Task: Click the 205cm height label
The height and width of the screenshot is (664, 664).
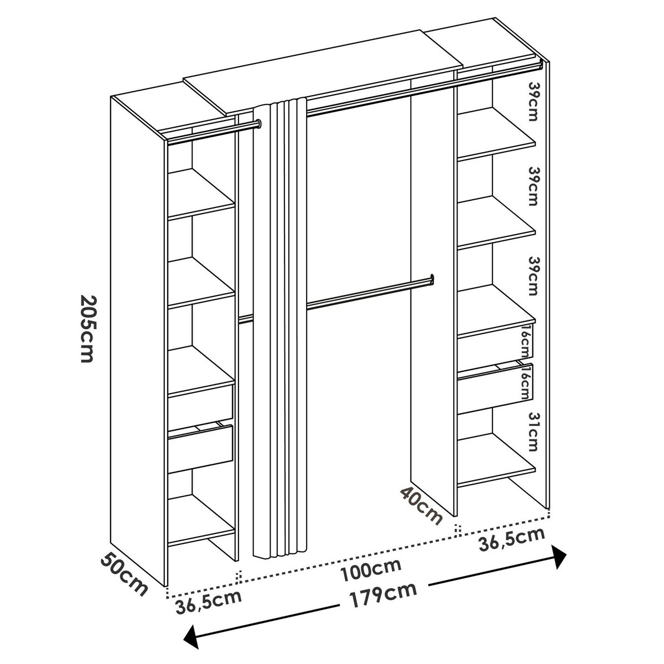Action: point(87,328)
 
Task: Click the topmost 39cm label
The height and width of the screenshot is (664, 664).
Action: point(533,101)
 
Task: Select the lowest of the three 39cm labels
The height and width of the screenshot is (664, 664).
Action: point(533,276)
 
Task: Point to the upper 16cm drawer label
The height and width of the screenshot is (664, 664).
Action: point(526,342)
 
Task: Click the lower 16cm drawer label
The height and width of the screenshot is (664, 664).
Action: point(526,381)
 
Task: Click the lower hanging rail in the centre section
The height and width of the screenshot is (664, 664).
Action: point(370,294)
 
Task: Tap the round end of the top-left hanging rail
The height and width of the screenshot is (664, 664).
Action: point(258,123)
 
